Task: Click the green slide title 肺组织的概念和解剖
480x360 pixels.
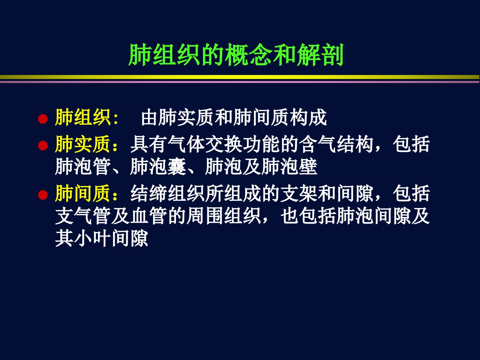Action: (236, 55)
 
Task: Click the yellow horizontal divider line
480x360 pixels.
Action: (240, 77)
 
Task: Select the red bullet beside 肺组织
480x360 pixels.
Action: (43, 119)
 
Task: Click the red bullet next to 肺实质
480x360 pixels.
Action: (43, 146)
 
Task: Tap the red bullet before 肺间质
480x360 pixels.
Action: (43, 195)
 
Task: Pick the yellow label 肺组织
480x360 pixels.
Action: (83, 118)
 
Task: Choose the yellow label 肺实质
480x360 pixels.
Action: (83, 144)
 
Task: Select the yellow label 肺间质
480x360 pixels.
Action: (83, 193)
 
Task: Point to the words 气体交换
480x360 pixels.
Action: (205, 144)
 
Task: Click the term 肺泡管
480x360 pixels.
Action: (83, 167)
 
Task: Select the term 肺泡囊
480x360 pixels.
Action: (158, 167)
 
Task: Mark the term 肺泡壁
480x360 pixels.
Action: (289, 167)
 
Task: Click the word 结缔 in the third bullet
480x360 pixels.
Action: (149, 193)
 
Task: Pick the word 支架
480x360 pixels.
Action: (299, 193)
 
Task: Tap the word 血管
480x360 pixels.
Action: (149, 216)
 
